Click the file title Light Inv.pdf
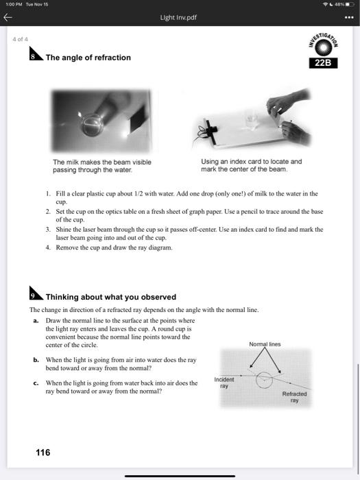[180, 16]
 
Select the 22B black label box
[324, 63]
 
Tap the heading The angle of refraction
[88, 58]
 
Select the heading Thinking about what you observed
[110, 297]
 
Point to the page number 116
[43, 452]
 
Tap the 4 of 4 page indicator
[20, 39]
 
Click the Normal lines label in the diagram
[265, 344]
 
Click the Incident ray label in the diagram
[224, 383]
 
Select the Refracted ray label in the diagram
[294, 397]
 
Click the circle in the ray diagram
[263, 381]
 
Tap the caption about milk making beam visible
[101, 165]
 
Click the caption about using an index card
[251, 165]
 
